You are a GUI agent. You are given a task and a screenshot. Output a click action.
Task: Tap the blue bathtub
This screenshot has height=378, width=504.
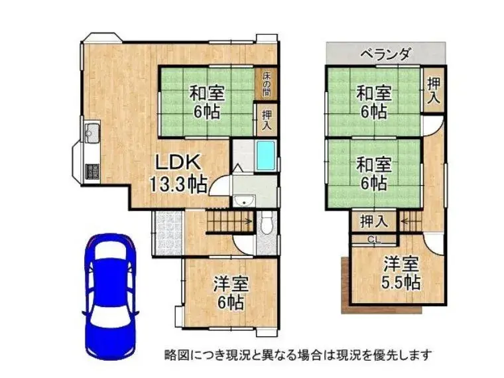click(266, 156)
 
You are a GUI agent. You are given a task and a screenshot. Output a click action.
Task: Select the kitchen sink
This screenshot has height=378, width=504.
click(92, 132)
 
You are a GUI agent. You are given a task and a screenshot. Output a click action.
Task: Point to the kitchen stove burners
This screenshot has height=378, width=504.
click(92, 171)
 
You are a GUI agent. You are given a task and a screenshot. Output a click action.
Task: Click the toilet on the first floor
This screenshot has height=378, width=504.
click(267, 223)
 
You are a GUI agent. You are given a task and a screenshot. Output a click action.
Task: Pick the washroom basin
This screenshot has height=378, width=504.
click(244, 202)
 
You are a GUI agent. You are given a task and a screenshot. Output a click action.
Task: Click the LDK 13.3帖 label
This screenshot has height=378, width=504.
click(178, 174)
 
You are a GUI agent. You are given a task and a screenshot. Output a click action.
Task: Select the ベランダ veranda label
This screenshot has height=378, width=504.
click(385, 54)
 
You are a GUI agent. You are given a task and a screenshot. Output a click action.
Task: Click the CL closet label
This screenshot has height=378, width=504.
click(373, 240)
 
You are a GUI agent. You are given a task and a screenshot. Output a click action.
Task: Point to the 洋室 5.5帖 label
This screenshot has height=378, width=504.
click(401, 273)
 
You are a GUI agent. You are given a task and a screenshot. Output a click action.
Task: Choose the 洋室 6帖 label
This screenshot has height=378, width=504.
click(231, 293)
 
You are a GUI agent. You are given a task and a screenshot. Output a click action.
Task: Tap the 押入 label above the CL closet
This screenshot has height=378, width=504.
click(374, 221)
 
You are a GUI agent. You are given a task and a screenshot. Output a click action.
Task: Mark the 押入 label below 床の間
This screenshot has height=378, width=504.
click(267, 120)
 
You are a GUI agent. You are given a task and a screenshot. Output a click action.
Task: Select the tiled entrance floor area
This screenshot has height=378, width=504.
click(168, 233)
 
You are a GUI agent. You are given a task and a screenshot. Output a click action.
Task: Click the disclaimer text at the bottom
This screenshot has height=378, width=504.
click(298, 355)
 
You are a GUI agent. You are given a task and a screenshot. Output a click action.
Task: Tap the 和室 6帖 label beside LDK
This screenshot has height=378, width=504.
click(207, 102)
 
